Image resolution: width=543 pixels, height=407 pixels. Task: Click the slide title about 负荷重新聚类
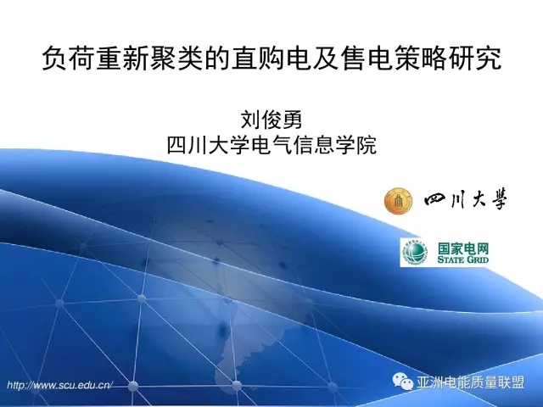[x=271, y=59]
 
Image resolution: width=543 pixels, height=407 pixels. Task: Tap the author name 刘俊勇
[x=271, y=120]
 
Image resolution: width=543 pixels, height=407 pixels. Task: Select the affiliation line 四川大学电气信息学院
[x=271, y=145]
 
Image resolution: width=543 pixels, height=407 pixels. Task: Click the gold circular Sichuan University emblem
[x=398, y=201]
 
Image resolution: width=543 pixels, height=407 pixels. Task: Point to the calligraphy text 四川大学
[x=466, y=200]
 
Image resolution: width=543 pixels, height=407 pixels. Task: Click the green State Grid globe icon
[x=414, y=253]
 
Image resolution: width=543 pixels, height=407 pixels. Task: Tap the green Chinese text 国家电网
[x=463, y=248]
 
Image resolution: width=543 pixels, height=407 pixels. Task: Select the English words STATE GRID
[x=463, y=259]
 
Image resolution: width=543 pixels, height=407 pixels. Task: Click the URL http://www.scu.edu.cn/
[x=60, y=385]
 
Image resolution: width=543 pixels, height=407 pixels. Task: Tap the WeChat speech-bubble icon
[x=403, y=382]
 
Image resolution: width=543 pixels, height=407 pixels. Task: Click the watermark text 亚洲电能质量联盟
[x=470, y=382]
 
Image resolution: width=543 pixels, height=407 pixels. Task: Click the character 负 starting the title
[x=54, y=59]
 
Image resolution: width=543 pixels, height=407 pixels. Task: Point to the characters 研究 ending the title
[x=475, y=59]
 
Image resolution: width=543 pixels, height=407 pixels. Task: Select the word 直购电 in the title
[x=271, y=59]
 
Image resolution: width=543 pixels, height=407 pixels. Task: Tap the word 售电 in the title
[x=367, y=59]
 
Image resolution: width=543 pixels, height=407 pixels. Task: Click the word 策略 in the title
[x=421, y=59]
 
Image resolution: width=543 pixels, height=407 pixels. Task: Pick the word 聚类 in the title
[x=176, y=59]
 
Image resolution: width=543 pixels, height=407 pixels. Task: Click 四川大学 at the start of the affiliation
[x=209, y=145]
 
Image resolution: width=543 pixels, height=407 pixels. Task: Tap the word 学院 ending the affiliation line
[x=356, y=145]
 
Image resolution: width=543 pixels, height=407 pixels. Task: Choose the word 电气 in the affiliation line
[x=272, y=145]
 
